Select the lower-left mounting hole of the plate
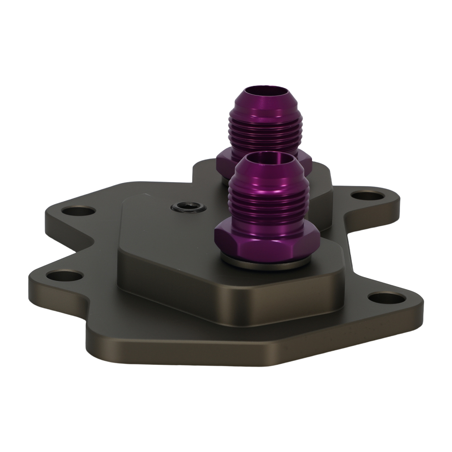[65, 275]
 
